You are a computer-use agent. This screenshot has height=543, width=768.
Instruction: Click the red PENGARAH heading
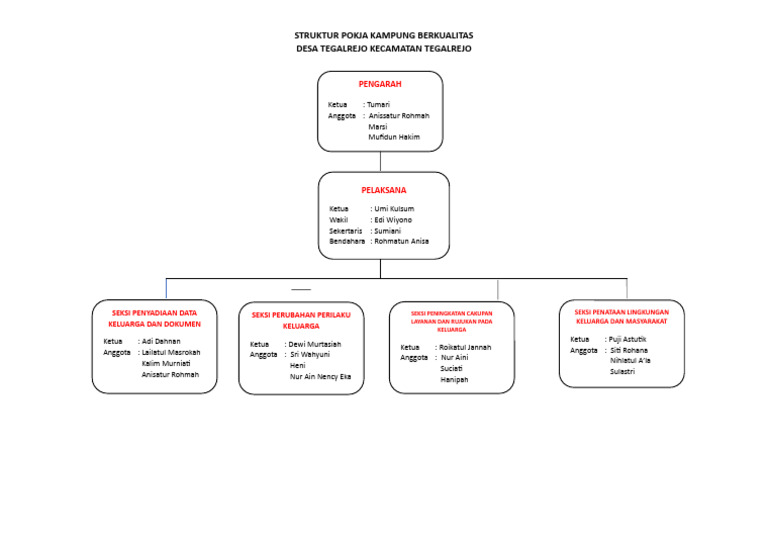(380, 84)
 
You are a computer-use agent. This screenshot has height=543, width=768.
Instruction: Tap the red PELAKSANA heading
(384, 189)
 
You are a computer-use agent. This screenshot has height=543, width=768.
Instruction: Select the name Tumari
(379, 104)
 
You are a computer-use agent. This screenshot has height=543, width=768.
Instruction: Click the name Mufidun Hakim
(394, 137)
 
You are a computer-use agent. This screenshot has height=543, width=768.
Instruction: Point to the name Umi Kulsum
(393, 209)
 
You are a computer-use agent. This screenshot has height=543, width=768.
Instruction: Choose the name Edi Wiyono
(392, 220)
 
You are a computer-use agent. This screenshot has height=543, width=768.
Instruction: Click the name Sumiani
(387, 231)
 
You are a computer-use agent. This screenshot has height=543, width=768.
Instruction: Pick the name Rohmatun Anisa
(401, 241)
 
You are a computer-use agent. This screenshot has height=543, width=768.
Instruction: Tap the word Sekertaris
(346, 231)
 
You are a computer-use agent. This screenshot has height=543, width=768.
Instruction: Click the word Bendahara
(347, 241)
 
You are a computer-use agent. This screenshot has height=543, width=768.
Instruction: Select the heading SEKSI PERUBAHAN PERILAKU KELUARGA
(301, 320)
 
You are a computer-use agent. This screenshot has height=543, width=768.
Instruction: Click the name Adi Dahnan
(161, 341)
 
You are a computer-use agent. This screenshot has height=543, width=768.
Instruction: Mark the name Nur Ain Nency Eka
(320, 377)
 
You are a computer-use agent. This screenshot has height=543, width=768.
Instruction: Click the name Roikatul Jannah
(465, 347)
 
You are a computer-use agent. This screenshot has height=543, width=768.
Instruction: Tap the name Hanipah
(454, 380)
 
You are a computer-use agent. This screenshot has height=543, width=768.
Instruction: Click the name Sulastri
(622, 372)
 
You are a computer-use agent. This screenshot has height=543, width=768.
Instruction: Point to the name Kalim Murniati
(166, 363)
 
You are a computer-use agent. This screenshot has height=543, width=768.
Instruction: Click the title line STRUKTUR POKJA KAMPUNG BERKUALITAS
(384, 35)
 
